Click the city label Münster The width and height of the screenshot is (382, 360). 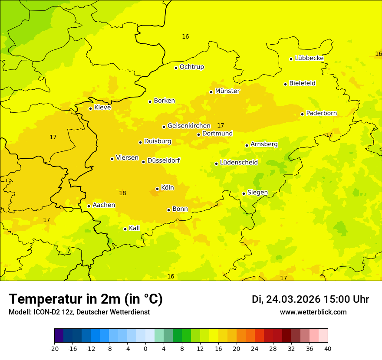click(x=227, y=91)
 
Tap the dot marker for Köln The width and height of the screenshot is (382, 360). click(x=157, y=189)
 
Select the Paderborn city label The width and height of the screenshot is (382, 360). click(x=321, y=113)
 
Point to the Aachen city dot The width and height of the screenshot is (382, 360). click(x=89, y=206)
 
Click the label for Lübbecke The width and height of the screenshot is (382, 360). click(x=309, y=58)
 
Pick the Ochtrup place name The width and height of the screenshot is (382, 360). click(x=191, y=67)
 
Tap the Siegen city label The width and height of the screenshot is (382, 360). click(x=257, y=193)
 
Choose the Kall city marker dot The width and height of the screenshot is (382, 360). click(x=125, y=229)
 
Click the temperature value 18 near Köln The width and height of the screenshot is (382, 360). click(x=122, y=193)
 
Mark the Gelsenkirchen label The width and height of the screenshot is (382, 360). click(x=189, y=126)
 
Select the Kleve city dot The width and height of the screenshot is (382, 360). click(x=90, y=108)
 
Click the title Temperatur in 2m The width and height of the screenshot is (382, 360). click(x=86, y=299)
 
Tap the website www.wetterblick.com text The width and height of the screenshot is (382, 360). click(x=313, y=312)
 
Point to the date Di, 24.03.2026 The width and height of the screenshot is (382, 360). click(x=286, y=299)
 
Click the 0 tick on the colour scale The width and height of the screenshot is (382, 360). click(x=145, y=348)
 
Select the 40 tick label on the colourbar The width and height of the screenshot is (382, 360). click(x=327, y=348)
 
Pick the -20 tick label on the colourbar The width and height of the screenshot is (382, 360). click(x=54, y=348)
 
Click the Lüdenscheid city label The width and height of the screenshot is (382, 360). click(x=239, y=163)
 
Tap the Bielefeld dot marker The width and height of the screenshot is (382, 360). click(x=286, y=84)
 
